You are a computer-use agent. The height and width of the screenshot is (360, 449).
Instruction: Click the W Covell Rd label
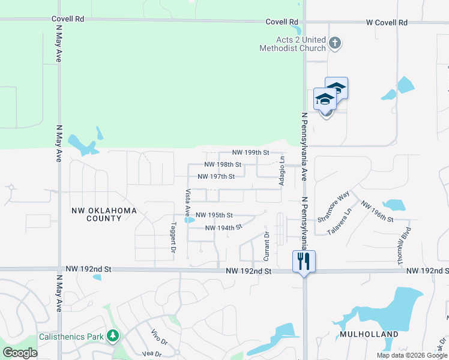[387, 22]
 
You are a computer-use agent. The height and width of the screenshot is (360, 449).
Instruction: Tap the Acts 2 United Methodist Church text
[292, 44]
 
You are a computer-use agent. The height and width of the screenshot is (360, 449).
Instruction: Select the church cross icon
[335, 43]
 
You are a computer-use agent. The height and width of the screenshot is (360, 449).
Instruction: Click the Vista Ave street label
[188, 203]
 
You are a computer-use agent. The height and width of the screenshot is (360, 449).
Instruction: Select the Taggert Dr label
[173, 237]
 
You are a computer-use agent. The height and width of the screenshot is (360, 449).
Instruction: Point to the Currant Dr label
[267, 246]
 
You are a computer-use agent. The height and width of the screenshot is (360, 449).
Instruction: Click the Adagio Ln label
[282, 170]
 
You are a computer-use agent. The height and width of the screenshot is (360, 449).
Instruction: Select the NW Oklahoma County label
[104, 214]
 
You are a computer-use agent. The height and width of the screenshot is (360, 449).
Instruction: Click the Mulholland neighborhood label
[369, 334]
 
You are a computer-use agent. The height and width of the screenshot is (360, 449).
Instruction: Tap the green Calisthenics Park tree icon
[112, 337]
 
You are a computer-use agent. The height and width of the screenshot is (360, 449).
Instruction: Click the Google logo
[20, 352]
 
